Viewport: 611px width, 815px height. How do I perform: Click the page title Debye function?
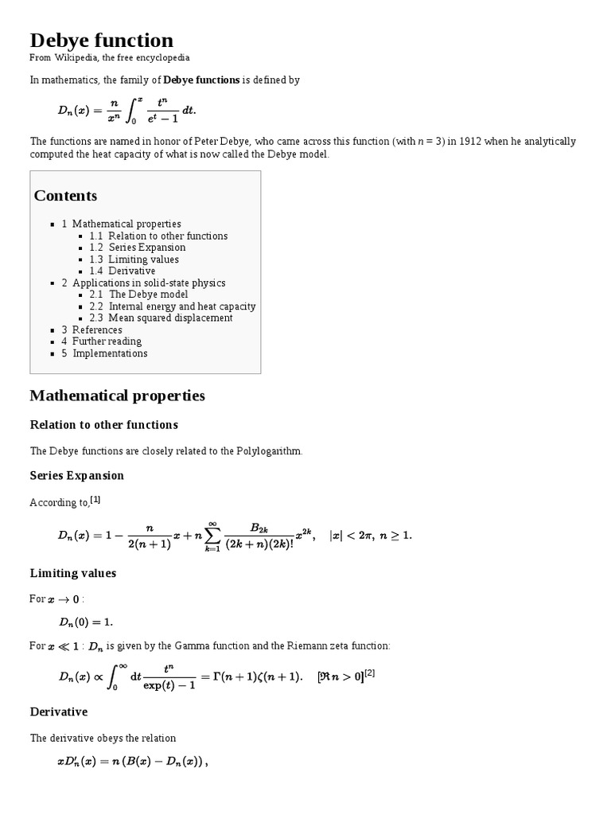pos(101,40)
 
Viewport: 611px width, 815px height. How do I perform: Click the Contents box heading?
pos(65,196)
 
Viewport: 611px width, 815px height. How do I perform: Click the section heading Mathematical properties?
pos(117,396)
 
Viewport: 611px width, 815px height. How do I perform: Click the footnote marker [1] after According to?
pos(95,500)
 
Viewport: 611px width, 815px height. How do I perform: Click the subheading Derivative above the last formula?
pos(59,712)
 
